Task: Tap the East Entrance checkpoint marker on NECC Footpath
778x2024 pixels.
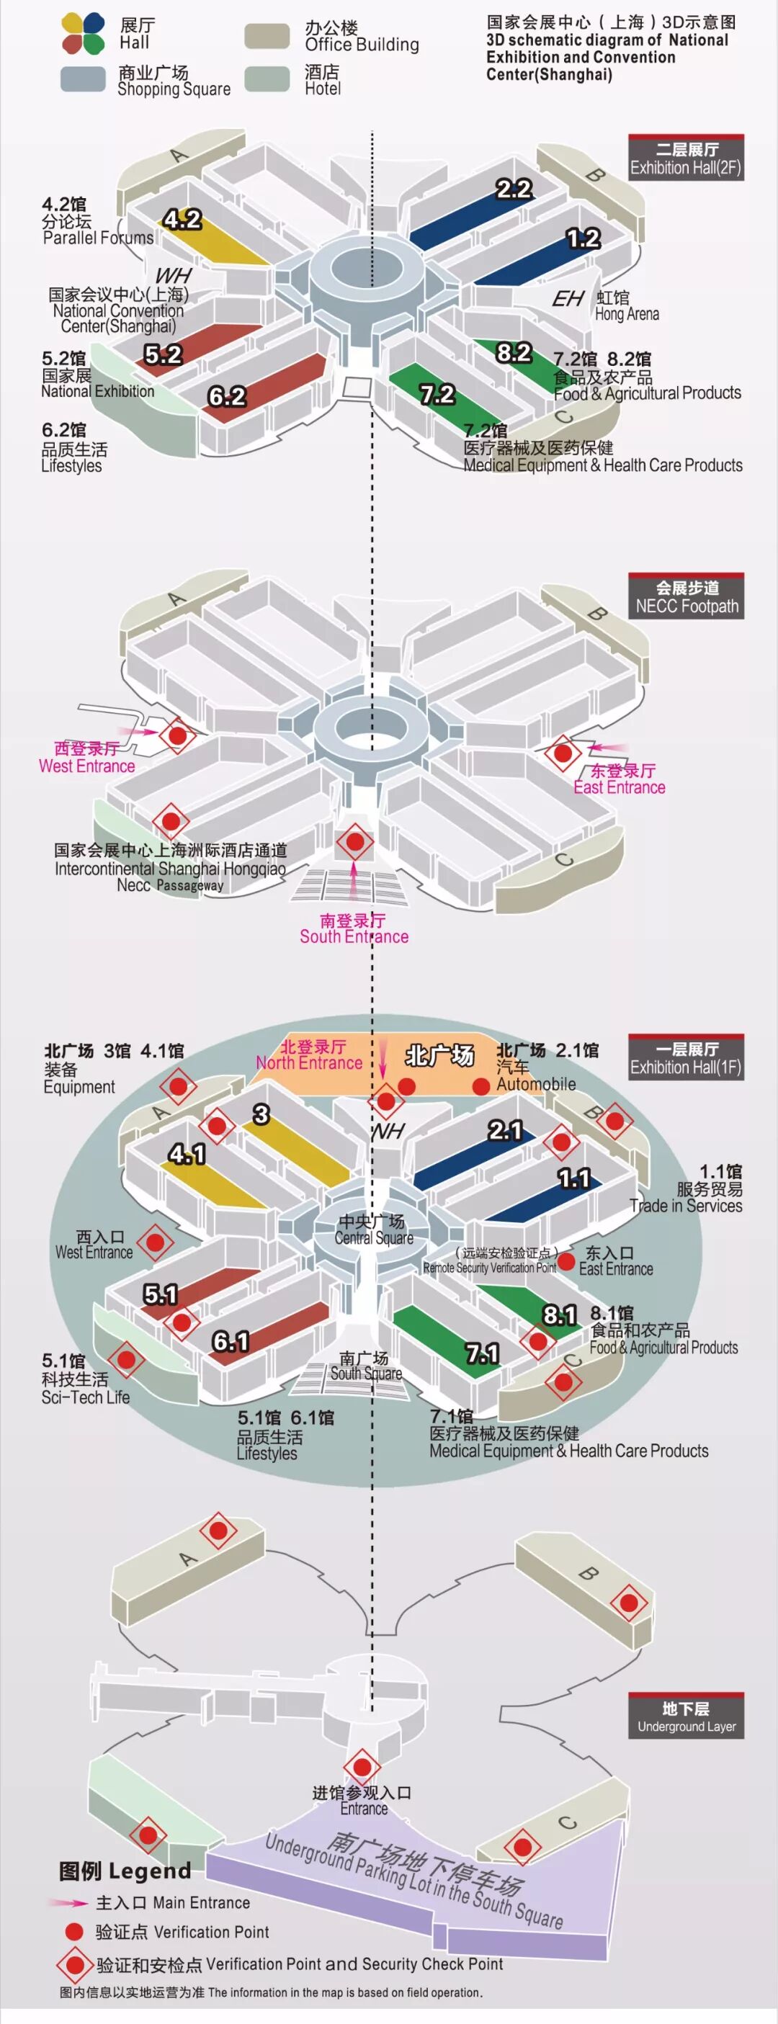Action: [x=563, y=753]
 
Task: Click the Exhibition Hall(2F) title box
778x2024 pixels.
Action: [x=686, y=158]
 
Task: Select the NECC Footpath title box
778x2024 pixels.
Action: [x=686, y=597]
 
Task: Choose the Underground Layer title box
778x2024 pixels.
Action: [x=686, y=1716]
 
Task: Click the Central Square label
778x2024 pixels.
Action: [x=373, y=1230]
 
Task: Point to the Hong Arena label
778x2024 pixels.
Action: [x=626, y=305]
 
